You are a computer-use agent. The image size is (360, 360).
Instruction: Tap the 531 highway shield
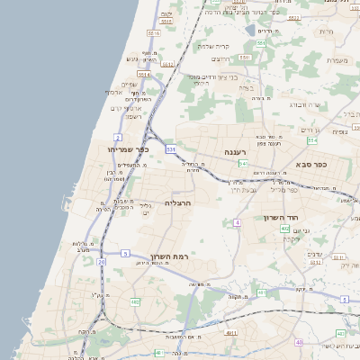coord(170,148)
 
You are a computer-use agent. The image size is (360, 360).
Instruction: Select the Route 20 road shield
coord(102,262)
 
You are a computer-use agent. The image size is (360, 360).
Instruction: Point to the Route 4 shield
coord(238,221)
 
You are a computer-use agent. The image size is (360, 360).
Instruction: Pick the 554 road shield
coord(312,140)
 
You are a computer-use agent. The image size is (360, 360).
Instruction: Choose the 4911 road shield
coord(231,332)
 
